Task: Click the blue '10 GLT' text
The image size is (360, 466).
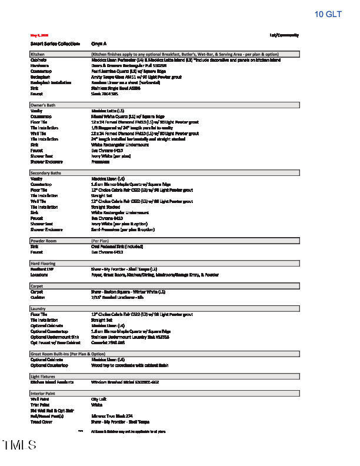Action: (x=328, y=14)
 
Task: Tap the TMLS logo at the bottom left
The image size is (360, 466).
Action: (x=19, y=445)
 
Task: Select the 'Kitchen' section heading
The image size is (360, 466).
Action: (x=38, y=54)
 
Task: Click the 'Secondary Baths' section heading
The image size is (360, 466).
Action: (x=45, y=173)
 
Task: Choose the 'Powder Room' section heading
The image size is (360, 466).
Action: (x=43, y=241)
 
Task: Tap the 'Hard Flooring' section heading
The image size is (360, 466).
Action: (x=43, y=263)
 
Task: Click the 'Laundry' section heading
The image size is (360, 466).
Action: (x=39, y=308)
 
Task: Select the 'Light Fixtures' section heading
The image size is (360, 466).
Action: (x=43, y=375)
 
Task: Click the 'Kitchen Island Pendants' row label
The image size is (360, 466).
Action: (x=52, y=382)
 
